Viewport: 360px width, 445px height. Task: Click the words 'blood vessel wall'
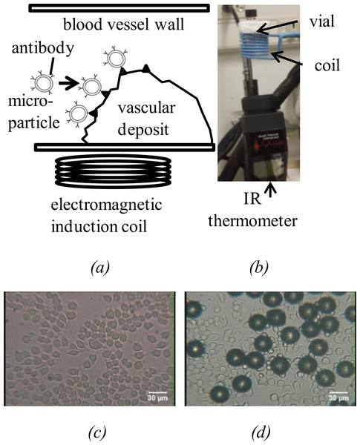(x=123, y=24)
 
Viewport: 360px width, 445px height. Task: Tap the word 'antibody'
(x=43, y=49)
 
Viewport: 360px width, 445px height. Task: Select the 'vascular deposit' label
(x=146, y=119)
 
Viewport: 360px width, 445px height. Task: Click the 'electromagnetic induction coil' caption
(x=107, y=216)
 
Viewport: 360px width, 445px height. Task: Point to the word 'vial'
(x=322, y=22)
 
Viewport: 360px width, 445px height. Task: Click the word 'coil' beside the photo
(x=327, y=65)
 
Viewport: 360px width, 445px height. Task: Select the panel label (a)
(x=100, y=267)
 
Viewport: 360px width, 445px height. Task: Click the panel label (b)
(x=259, y=267)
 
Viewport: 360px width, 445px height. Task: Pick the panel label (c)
(x=97, y=432)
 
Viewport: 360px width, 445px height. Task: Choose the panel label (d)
(x=261, y=432)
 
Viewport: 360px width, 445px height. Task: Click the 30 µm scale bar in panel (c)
(x=157, y=392)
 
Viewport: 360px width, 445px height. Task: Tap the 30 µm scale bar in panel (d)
(x=338, y=392)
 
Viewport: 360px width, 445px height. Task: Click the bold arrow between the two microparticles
(x=69, y=83)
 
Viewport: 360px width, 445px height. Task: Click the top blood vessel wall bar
(x=120, y=8)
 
